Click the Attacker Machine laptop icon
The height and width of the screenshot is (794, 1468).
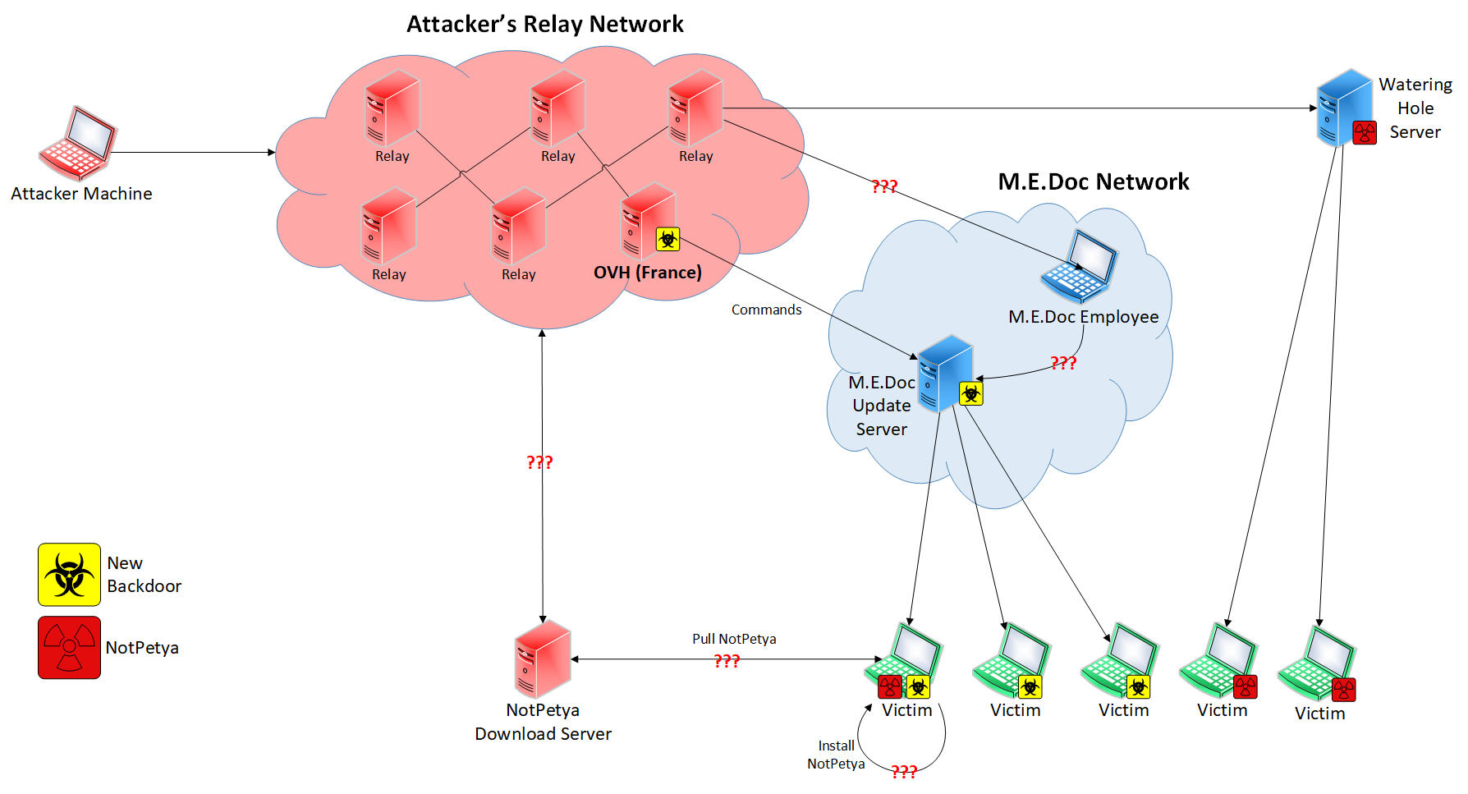(x=79, y=143)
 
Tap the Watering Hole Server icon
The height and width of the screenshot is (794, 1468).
(x=1343, y=108)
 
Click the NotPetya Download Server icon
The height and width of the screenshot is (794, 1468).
(x=542, y=659)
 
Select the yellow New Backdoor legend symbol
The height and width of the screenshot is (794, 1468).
(x=69, y=574)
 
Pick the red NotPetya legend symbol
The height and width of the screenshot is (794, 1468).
(x=69, y=647)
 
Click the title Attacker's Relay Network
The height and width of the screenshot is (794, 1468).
(x=544, y=24)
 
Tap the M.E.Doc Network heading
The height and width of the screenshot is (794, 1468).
(x=1093, y=181)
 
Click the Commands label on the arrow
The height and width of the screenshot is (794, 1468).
(x=766, y=310)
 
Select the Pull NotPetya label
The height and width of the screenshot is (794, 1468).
(x=733, y=639)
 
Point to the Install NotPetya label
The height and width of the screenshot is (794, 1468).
(x=836, y=755)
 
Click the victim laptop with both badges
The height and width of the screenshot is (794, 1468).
(x=903, y=662)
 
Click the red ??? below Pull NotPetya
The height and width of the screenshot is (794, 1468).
(x=727, y=660)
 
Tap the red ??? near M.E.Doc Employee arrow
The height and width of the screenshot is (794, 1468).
(x=1062, y=362)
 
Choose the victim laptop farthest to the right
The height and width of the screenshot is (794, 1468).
(x=1317, y=663)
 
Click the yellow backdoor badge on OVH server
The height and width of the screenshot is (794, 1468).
(x=667, y=239)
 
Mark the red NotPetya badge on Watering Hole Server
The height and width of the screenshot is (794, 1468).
(x=1364, y=132)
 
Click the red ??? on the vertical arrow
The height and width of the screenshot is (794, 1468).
(x=539, y=461)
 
